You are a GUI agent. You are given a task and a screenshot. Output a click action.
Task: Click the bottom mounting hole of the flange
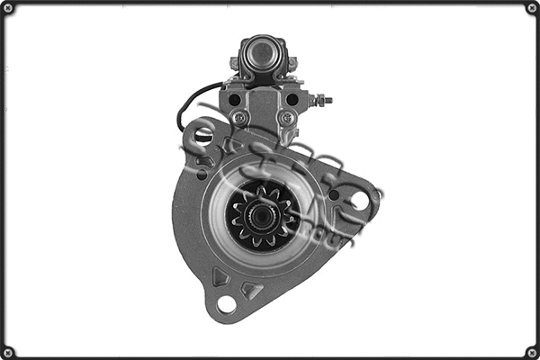tap(226, 304)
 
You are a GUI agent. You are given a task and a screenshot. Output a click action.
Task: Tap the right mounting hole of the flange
tap(360, 201)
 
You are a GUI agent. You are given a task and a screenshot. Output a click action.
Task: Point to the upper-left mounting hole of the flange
tap(204, 138)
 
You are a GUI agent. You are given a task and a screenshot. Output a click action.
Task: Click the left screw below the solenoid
tap(238, 118)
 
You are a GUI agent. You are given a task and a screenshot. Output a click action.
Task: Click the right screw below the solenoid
tap(286, 118)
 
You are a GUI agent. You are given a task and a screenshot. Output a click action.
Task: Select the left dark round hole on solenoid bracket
tap(234, 99)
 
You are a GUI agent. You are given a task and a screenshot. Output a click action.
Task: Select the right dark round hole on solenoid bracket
tap(292, 99)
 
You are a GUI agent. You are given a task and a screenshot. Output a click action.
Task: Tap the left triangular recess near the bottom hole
tap(220, 276)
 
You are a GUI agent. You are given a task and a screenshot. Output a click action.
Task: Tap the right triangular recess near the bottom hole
tap(252, 290)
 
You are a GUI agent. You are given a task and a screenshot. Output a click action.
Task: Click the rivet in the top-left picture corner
tap(8, 8)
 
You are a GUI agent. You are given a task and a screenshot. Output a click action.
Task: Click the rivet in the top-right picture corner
tap(532, 8)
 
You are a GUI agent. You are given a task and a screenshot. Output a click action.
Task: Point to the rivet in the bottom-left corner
tap(8, 352)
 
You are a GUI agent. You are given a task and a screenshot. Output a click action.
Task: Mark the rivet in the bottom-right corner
tap(532, 352)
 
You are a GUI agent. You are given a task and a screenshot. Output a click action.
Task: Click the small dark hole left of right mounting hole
tap(334, 194)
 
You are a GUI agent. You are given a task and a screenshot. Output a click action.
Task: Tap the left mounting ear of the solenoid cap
tap(235, 64)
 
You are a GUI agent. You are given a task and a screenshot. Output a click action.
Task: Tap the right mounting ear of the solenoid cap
tap(290, 64)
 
